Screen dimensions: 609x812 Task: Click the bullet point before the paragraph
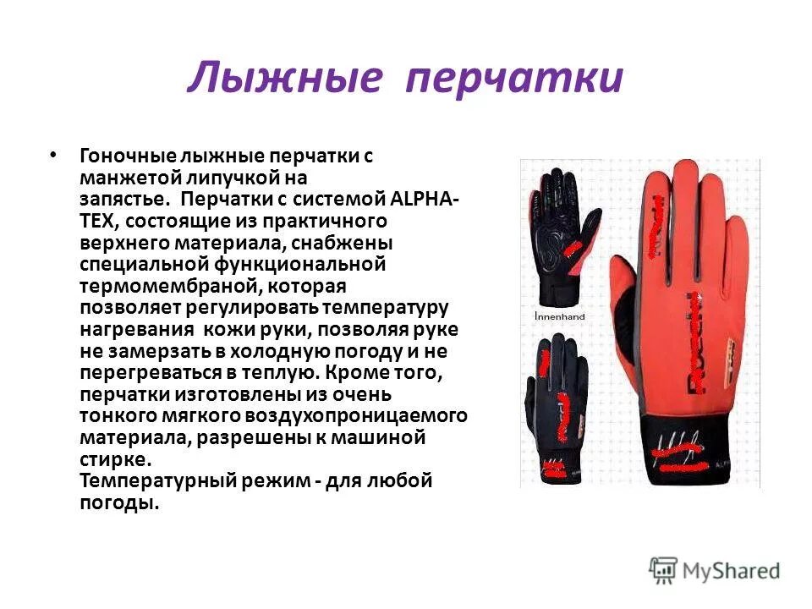pos(54,155)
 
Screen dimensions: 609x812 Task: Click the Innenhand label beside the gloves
pos(560,316)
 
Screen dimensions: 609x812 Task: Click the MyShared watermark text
pos(731,571)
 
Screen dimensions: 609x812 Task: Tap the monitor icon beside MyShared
pos(664,569)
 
